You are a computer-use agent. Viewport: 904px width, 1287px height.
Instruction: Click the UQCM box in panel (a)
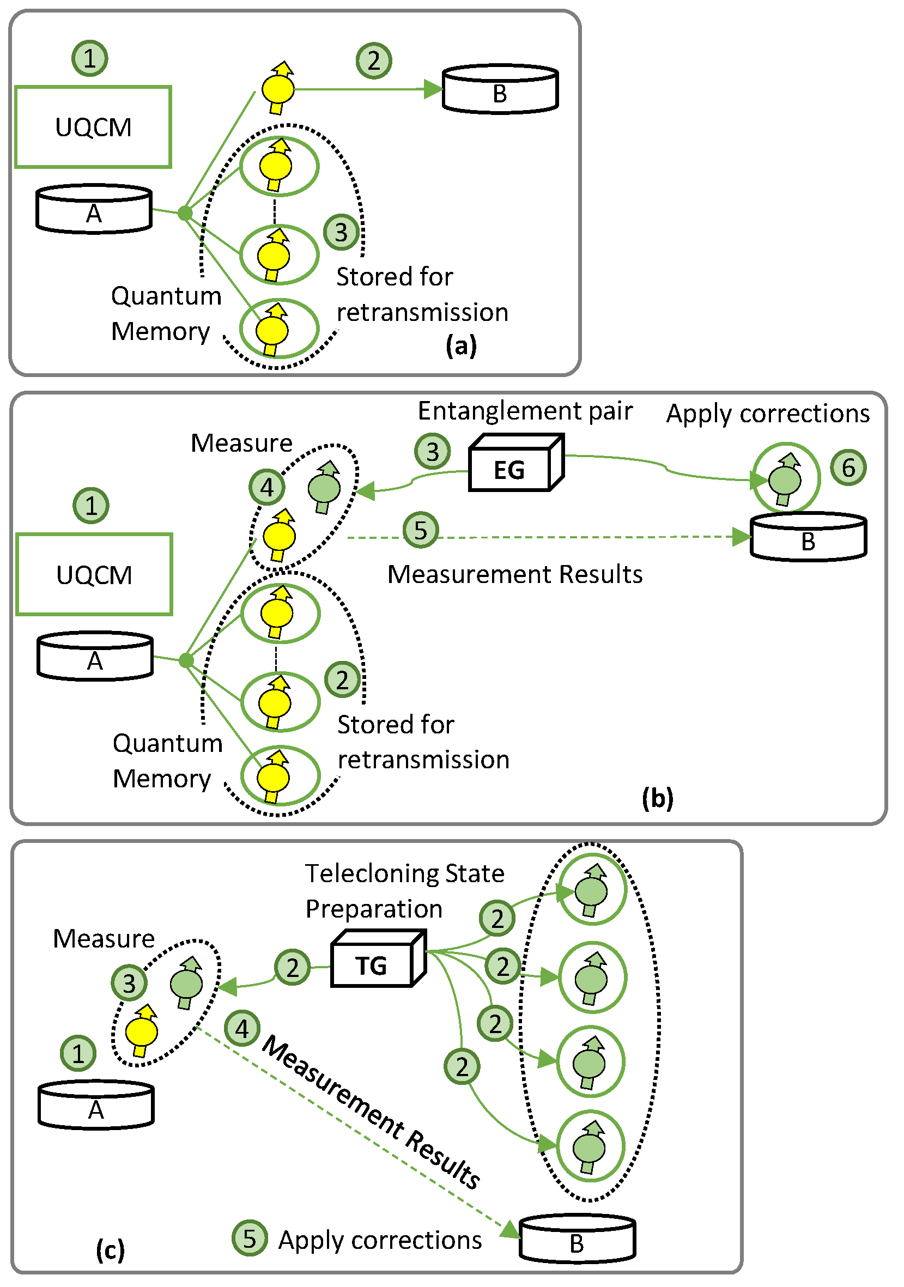(x=93, y=128)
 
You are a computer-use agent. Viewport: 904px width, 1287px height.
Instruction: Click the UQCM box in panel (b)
(x=94, y=575)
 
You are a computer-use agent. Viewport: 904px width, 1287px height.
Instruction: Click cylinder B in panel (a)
(x=500, y=90)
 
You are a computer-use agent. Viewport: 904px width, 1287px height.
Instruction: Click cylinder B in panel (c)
(x=577, y=1240)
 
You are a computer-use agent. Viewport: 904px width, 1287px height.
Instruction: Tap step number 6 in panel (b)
(x=848, y=468)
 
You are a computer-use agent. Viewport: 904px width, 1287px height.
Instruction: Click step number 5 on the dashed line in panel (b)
(x=420, y=530)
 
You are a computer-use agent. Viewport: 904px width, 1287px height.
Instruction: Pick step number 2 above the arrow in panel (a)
(x=374, y=60)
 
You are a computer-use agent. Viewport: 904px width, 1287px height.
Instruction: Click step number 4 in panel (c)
(x=241, y=1029)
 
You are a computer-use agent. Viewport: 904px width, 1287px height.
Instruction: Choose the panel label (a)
(x=461, y=345)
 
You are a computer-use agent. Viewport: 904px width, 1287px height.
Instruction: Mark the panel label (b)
(x=657, y=798)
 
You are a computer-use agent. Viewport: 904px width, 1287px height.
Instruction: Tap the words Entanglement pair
(x=525, y=411)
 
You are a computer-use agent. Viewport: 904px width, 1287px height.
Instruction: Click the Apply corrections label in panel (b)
(x=768, y=414)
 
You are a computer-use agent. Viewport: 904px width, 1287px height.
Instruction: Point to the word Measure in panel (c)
(x=104, y=939)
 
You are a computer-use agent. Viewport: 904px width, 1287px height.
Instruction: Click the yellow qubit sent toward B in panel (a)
(x=278, y=88)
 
